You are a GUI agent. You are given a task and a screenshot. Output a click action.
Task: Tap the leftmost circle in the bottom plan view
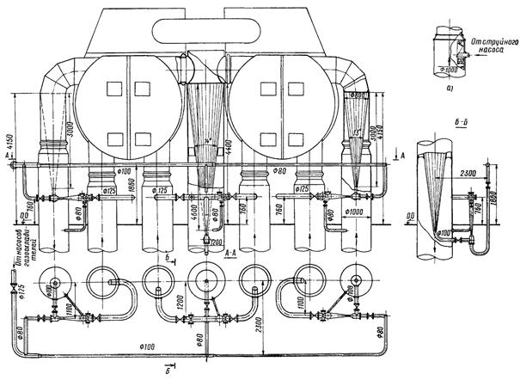point(58,282)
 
